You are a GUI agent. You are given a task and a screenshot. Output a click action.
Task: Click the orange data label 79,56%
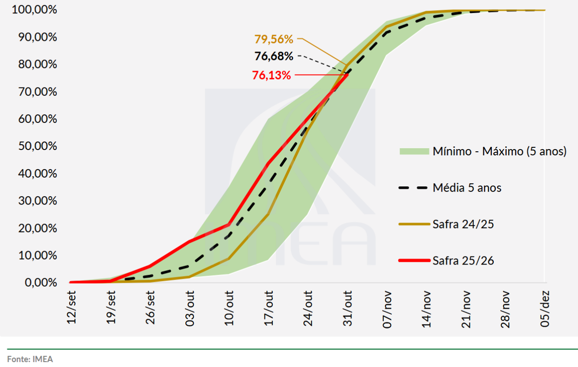pyautogui.click(x=274, y=39)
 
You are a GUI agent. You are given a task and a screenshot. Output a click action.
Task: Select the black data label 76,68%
pyautogui.click(x=274, y=56)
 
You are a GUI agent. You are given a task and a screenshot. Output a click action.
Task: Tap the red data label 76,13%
pyautogui.click(x=271, y=75)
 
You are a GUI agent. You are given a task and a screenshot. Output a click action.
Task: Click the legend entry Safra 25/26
pyautogui.click(x=463, y=260)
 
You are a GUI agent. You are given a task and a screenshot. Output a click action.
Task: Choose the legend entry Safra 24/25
pyautogui.click(x=463, y=224)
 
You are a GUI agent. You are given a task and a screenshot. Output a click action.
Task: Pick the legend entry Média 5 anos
pyautogui.click(x=467, y=188)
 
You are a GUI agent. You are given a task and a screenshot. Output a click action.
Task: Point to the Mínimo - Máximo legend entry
pyautogui.click(x=499, y=151)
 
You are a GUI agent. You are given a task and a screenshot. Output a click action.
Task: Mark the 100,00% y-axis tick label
pyautogui.click(x=35, y=10)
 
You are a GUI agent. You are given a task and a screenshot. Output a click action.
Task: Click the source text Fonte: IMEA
pyautogui.click(x=30, y=359)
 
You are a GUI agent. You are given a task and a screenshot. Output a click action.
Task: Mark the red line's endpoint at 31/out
pyautogui.click(x=347, y=75)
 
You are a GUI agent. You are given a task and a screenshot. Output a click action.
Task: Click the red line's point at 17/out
pyautogui.click(x=269, y=163)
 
